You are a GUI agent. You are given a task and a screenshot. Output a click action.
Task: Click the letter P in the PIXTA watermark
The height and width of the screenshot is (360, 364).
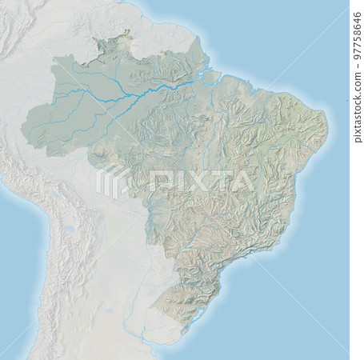pyautogui.click(x=157, y=182)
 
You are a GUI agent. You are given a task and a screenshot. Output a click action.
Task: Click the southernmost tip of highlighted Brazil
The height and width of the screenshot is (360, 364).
pyautogui.click(x=183, y=329)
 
